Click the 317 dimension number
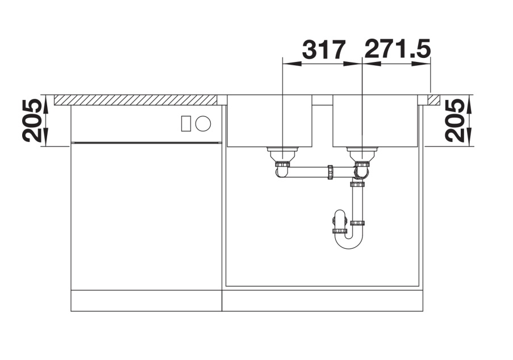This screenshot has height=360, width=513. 324,49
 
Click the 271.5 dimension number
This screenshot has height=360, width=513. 397,49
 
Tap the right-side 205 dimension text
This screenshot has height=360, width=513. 454,120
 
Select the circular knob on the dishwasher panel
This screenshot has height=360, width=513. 203,124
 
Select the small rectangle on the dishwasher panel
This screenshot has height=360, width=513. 186,124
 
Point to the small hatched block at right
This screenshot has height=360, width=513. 434,100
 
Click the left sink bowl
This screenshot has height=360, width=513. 270,120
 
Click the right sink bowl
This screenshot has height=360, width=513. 376,120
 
